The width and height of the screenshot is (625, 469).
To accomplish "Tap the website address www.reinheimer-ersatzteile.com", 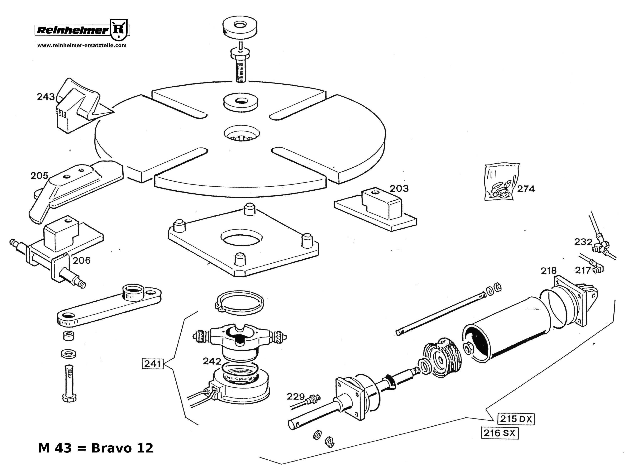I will [82, 45].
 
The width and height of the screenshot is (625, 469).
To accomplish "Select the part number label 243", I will [46, 97].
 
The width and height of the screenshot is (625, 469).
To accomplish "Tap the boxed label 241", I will [153, 364].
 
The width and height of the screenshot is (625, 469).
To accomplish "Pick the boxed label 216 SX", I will [500, 433].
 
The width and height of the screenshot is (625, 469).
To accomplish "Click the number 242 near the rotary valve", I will [212, 361].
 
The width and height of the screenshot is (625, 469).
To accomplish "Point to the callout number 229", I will [296, 397].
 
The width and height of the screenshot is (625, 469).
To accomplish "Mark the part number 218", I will [548, 271].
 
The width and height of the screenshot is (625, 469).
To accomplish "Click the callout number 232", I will [583, 242].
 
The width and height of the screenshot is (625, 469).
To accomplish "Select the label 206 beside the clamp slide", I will [82, 261].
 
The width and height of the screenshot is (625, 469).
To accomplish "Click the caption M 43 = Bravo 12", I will [96, 448].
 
